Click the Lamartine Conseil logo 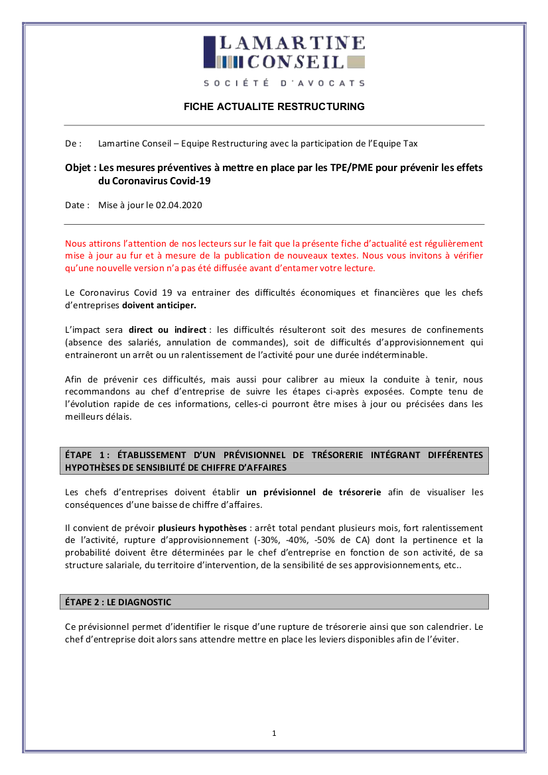pyautogui.click(x=284, y=53)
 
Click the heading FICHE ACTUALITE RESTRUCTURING pyautogui.click(x=274, y=106)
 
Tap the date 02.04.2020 pyautogui.click(x=179, y=205)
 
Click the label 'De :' pyautogui.click(x=73, y=143)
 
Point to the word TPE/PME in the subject pyautogui.click(x=350, y=168)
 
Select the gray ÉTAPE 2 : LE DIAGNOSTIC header pyautogui.click(x=274, y=602)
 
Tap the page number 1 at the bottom pyautogui.click(x=274, y=733)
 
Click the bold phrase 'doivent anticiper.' pyautogui.click(x=159, y=306)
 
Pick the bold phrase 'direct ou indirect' pyautogui.click(x=168, y=329)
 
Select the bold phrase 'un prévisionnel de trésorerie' pyautogui.click(x=313, y=492)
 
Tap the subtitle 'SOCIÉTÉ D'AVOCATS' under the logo pyautogui.click(x=284, y=83)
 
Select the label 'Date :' pyautogui.click(x=77, y=205)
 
